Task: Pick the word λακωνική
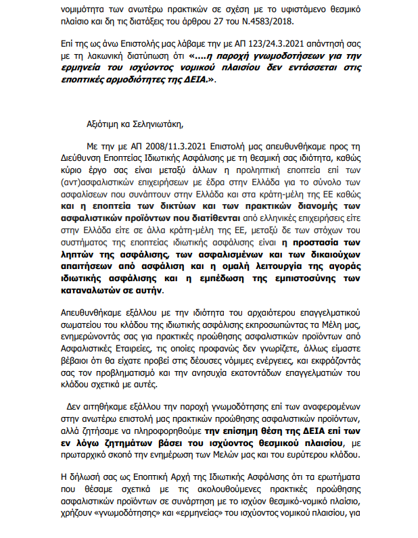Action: coord(99,55)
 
